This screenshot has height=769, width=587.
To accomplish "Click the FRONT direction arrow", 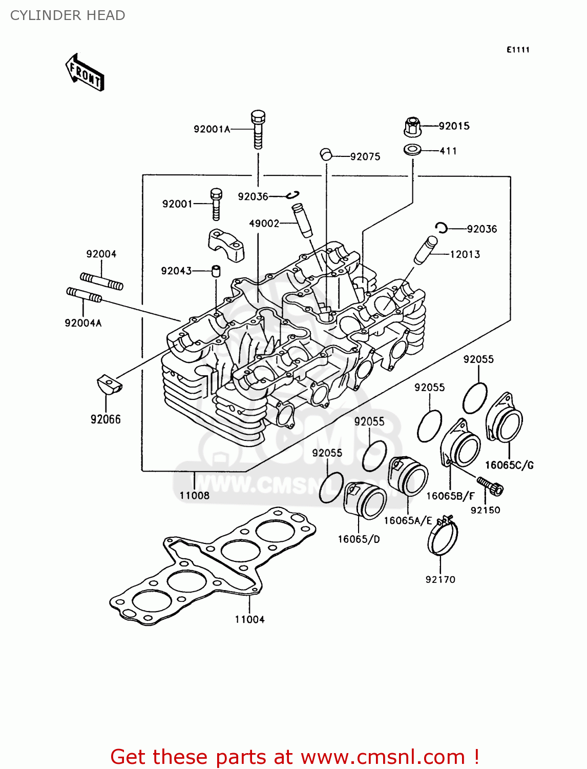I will point(85,73).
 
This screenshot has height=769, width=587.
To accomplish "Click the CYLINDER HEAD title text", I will point(68,15).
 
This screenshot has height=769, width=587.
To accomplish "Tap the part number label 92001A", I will point(212,129).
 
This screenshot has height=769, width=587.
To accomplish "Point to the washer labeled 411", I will point(412,151).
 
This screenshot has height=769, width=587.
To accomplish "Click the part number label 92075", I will point(365,157).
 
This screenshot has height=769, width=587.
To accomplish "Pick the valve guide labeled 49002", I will point(302,220).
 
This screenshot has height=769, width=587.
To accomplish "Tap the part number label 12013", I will point(465,254).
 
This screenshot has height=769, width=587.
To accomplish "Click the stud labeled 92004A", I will point(84,295).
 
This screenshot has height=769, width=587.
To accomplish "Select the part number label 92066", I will point(106,419).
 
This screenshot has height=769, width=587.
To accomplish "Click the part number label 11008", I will point(194,495).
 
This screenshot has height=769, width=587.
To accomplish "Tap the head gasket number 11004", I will point(249,619).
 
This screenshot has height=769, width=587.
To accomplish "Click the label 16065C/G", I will point(509,465).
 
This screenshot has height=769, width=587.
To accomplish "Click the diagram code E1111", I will point(518,50).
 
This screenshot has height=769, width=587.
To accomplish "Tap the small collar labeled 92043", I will point(216,270).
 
